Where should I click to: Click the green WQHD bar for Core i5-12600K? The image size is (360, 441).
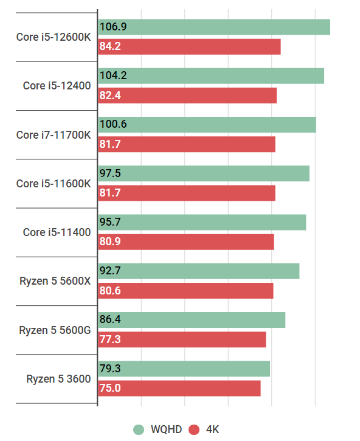click(214, 27)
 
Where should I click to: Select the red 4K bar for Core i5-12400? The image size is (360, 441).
click(187, 95)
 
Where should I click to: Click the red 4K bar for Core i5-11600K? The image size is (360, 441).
click(187, 193)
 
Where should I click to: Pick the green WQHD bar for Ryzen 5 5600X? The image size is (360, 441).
click(199, 271)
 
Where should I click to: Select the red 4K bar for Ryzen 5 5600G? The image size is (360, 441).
click(182, 339)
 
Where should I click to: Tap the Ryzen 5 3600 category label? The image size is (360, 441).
click(58, 379)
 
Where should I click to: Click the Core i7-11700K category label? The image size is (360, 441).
click(54, 134)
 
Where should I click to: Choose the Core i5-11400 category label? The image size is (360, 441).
click(57, 232)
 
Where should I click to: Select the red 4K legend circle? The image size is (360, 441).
click(195, 429)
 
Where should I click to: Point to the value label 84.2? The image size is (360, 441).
click(110, 47)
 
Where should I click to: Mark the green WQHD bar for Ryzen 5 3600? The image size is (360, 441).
click(184, 369)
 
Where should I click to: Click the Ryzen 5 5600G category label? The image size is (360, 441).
click(55, 330)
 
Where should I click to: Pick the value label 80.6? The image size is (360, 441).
click(110, 291)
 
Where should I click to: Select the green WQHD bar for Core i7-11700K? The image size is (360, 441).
click(207, 125)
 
